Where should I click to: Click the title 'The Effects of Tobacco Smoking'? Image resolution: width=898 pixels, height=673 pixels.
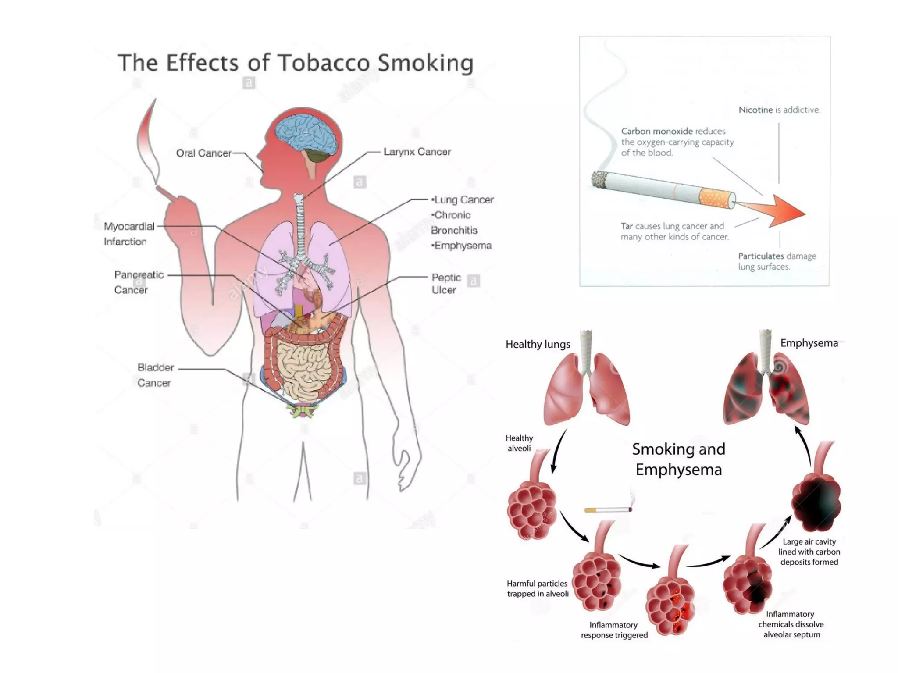click(x=295, y=63)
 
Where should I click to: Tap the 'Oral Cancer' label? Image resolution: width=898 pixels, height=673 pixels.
click(x=203, y=153)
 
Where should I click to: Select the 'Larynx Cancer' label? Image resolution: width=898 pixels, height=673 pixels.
click(x=417, y=152)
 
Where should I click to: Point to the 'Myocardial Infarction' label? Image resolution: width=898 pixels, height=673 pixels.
click(x=128, y=234)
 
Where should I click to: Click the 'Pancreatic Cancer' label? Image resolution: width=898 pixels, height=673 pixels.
click(x=138, y=282)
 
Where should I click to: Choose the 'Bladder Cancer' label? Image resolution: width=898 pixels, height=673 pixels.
click(x=155, y=375)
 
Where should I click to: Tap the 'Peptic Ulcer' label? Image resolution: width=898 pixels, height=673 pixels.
click(x=445, y=284)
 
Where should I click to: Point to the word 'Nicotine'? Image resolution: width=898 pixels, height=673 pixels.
click(x=755, y=110)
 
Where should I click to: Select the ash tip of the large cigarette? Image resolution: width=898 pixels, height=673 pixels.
click(x=599, y=180)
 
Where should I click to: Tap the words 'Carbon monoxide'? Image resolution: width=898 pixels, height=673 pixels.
click(x=656, y=131)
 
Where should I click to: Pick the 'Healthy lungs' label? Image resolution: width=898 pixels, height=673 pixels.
click(x=538, y=344)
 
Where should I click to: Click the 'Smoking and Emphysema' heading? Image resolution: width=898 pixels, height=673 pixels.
click(x=678, y=459)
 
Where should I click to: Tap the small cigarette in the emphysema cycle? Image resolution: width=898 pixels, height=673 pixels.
click(x=608, y=509)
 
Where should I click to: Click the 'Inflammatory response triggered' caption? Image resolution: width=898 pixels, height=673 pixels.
click(x=614, y=630)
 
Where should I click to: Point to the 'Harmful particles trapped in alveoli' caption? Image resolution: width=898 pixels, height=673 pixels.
click(x=538, y=588)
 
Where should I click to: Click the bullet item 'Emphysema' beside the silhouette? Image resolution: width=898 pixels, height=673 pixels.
click(x=462, y=246)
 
